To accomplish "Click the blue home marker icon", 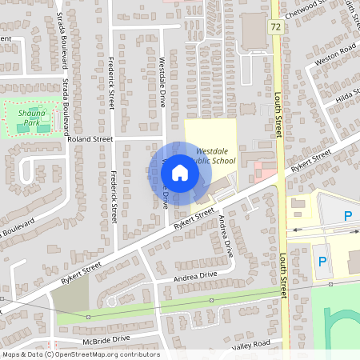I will coord(180,173).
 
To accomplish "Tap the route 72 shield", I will coord(275,26).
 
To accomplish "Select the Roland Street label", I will coord(91,139).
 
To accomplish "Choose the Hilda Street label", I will coord(349,96).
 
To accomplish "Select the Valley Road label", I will coord(252,346).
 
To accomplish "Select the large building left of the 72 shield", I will coord(254,30).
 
